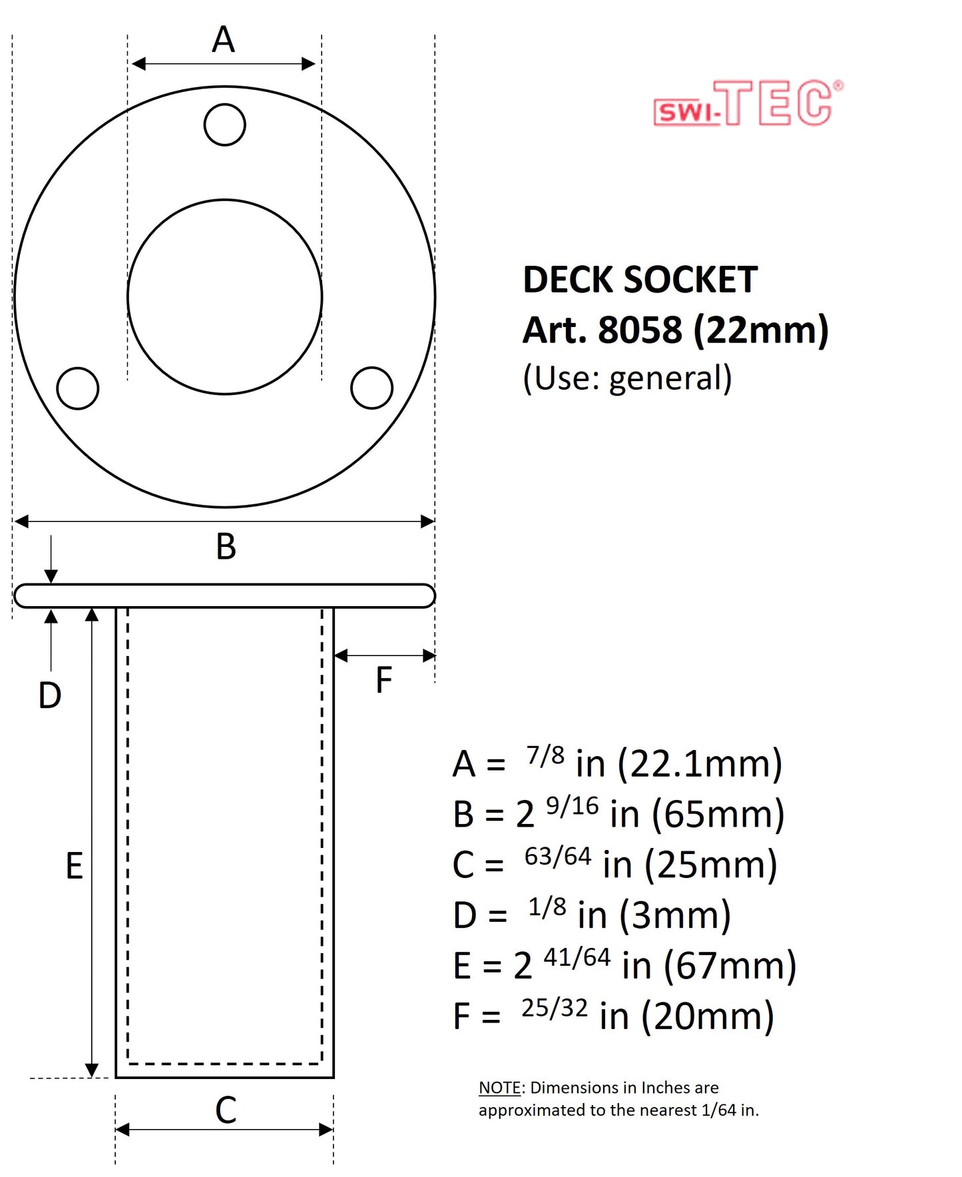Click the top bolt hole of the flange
224,125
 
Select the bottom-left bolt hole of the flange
78,388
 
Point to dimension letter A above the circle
223,40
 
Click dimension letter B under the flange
226,547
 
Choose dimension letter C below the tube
226,1110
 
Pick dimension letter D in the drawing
50,695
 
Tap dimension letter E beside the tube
74,866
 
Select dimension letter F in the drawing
383,680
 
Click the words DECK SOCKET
640,280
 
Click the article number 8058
640,330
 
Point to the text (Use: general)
627,378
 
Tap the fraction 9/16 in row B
572,807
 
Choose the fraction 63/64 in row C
557,857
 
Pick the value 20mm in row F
707,1016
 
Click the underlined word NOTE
499,1088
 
